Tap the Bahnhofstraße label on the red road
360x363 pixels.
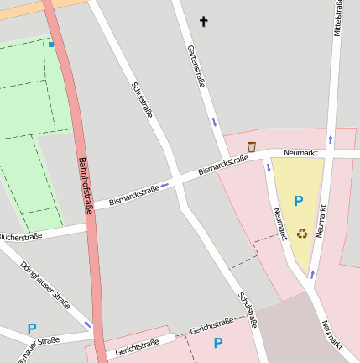click(x=84, y=186)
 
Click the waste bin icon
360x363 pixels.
click(x=251, y=147)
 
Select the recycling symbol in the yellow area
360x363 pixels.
click(x=301, y=233)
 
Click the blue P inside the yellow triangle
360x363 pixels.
click(x=298, y=201)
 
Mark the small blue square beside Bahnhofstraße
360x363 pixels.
click(x=51, y=44)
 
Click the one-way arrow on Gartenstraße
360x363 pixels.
click(x=214, y=123)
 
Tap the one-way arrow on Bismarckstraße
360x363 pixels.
click(x=164, y=185)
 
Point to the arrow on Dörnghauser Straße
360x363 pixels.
click(x=87, y=324)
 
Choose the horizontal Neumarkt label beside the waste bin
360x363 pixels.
click(x=301, y=153)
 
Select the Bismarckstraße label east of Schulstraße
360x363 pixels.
click(x=223, y=166)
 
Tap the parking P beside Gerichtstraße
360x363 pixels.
click(x=218, y=343)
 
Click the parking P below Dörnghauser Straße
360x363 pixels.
click(x=32, y=329)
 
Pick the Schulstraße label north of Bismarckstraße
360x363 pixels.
click(x=141, y=99)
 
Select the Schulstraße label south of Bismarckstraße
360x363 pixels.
click(x=247, y=308)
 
